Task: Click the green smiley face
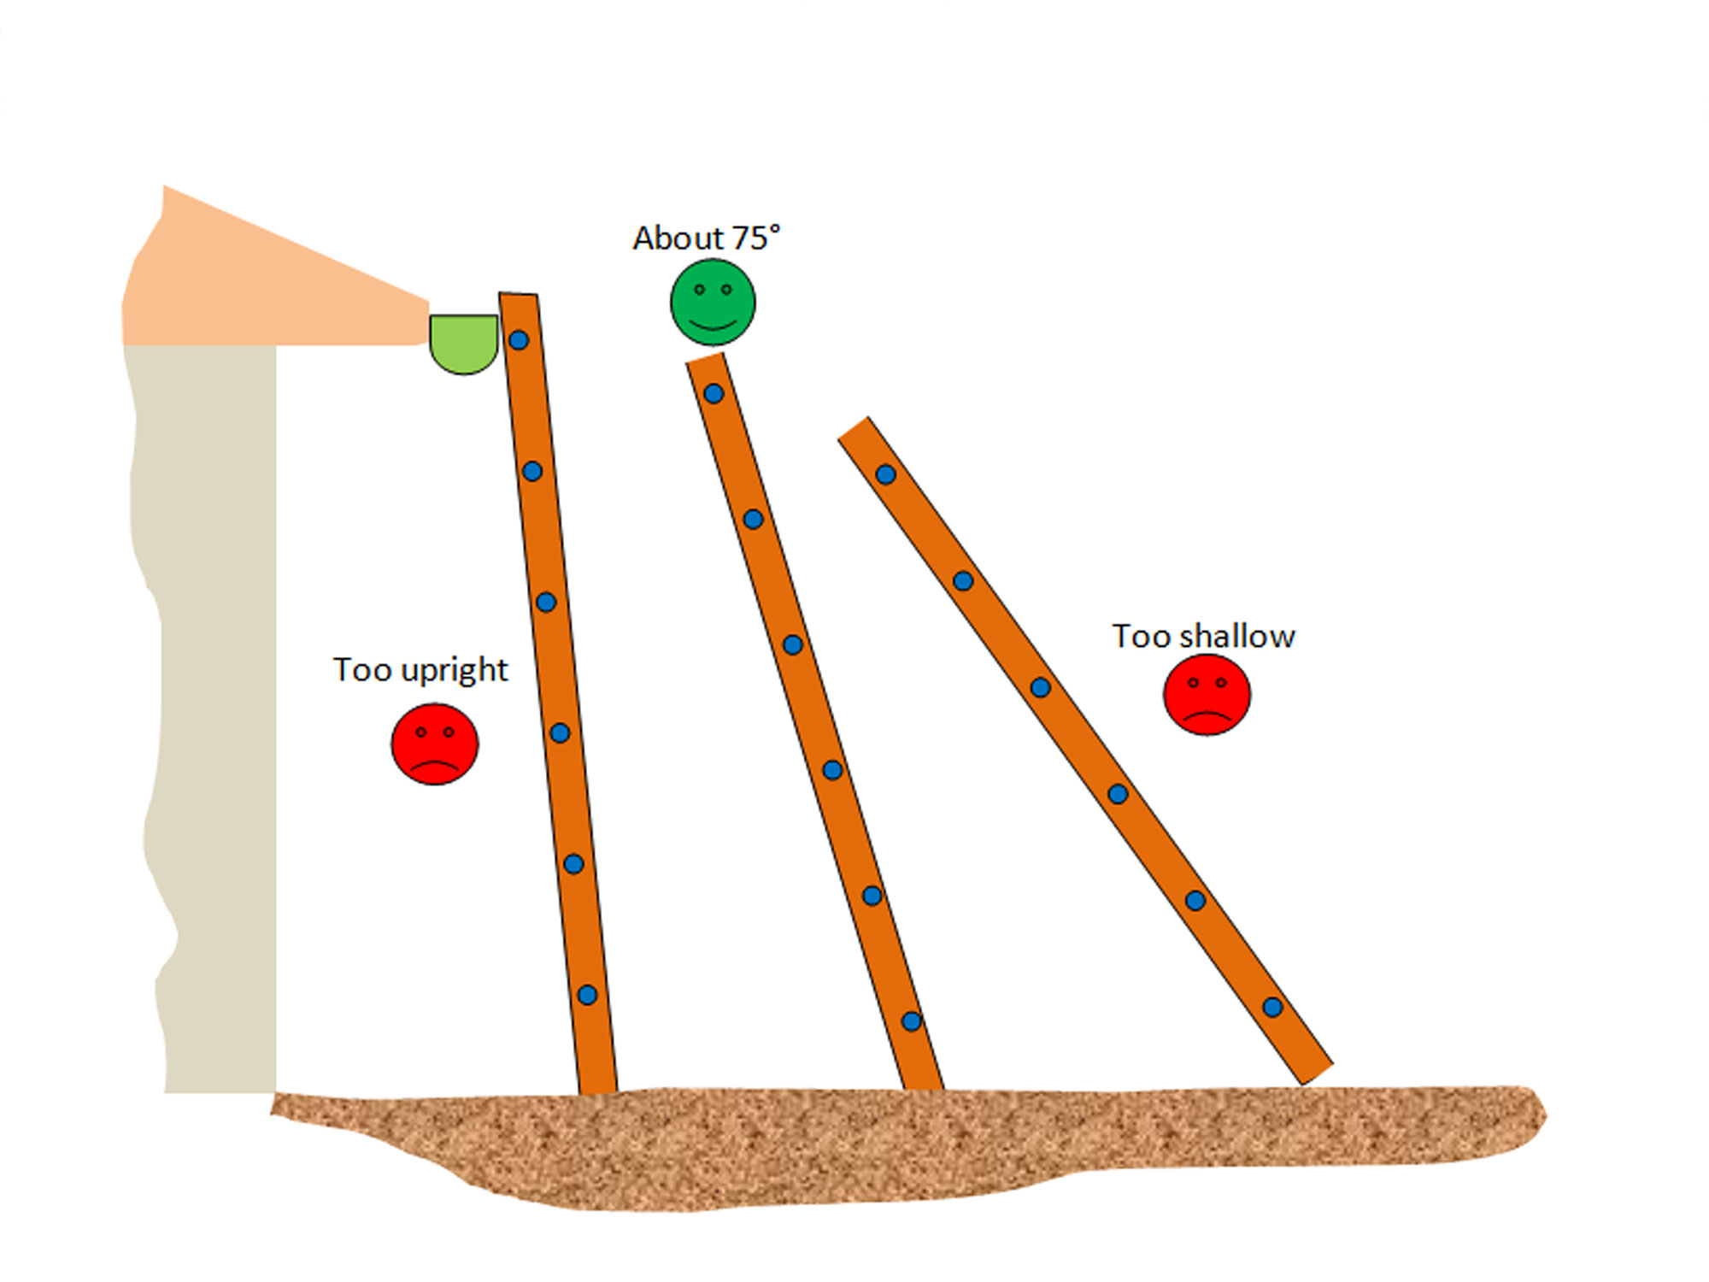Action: (x=713, y=303)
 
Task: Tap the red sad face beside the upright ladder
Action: (x=435, y=744)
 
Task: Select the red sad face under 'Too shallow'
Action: (x=1207, y=694)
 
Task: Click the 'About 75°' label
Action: (x=706, y=238)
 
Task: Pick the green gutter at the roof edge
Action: (x=463, y=340)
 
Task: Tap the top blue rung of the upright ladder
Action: (x=519, y=340)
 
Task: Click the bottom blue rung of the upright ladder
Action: (x=587, y=995)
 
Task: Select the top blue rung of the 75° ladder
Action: (x=714, y=394)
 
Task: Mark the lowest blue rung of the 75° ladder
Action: (x=912, y=1021)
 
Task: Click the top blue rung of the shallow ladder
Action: (x=886, y=474)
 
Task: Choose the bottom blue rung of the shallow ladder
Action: (x=1272, y=1007)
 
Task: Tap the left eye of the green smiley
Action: (x=700, y=290)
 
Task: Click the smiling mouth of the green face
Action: (x=713, y=325)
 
